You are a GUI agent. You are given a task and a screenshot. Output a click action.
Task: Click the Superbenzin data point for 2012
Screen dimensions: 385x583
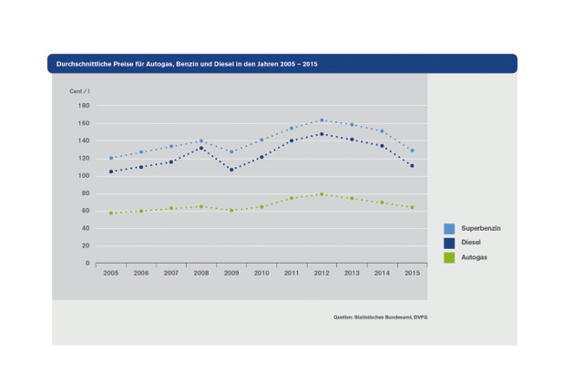tap(322, 120)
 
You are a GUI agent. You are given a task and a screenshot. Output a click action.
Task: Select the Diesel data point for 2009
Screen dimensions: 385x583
tap(231, 170)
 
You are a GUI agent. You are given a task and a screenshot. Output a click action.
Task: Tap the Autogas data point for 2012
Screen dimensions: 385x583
tap(322, 194)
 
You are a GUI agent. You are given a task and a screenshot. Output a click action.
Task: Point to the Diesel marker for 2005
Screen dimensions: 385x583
tap(111, 172)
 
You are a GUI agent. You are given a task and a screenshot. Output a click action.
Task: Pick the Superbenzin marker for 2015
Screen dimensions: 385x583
tap(412, 151)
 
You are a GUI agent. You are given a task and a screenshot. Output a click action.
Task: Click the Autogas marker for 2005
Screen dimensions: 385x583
tap(111, 213)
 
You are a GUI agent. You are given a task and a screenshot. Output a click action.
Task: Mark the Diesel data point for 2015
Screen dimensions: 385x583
tap(412, 166)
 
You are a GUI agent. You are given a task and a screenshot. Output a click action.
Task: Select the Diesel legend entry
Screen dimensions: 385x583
tap(472, 244)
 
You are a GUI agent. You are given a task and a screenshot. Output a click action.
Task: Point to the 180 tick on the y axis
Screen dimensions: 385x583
tap(84, 106)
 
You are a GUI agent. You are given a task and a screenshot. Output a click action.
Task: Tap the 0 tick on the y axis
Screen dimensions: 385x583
tap(87, 264)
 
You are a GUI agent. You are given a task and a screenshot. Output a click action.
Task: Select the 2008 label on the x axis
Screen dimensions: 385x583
tap(201, 273)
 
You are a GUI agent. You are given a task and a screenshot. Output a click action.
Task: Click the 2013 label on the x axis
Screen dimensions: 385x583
tap(352, 273)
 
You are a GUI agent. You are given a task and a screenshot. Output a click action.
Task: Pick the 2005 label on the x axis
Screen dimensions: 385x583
tap(111, 273)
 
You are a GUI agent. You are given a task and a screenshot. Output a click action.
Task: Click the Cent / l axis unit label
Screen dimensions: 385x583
tap(80, 92)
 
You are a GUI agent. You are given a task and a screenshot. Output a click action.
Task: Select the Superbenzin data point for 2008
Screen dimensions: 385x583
tap(201, 140)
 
